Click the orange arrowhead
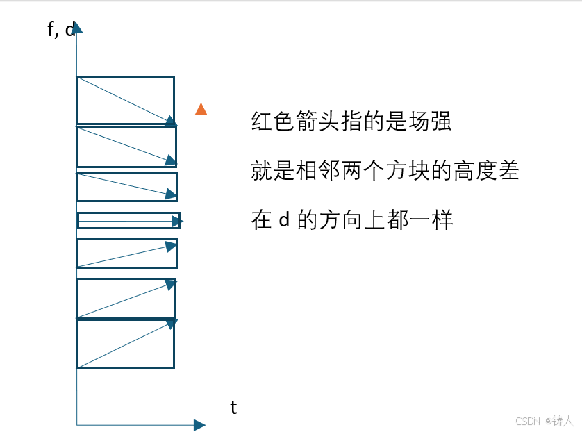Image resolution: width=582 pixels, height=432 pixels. [x=201, y=108]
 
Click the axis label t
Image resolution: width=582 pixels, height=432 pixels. [x=233, y=408]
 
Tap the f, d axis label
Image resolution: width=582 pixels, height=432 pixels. [x=60, y=31]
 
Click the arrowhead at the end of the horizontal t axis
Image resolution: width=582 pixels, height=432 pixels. [x=200, y=424]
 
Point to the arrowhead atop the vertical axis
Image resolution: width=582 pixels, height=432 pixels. [x=76, y=27]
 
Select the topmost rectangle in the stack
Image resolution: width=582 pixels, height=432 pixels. [x=125, y=100]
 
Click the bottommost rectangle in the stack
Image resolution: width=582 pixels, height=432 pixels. [x=125, y=344]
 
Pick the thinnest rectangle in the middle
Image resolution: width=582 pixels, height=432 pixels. [x=128, y=220]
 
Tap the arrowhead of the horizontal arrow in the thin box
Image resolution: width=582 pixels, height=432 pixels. [x=177, y=222]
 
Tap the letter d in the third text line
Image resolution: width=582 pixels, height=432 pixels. [x=283, y=220]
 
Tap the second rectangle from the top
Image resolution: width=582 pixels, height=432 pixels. [x=126, y=147]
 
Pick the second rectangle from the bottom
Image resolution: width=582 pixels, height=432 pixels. [x=126, y=299]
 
